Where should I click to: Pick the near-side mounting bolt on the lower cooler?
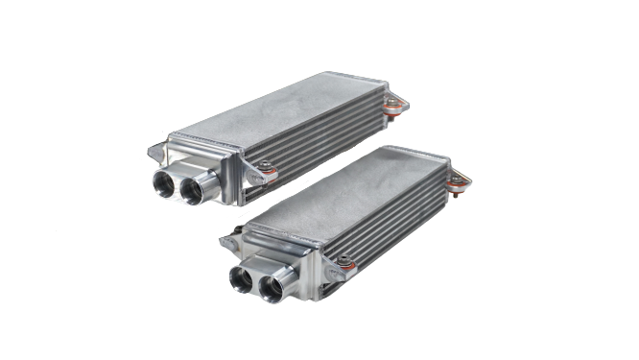point(343,260)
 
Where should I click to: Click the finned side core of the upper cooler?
point(317,144)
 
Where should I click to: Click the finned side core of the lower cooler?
point(393,226)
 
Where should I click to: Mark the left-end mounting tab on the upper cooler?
point(155,152)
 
